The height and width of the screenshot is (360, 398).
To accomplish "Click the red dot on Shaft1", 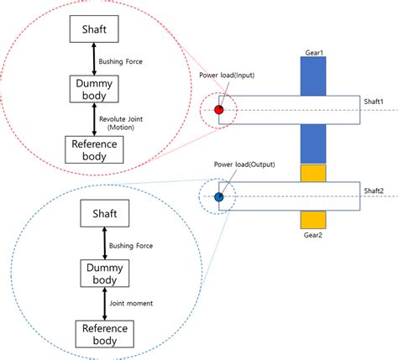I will [219, 110].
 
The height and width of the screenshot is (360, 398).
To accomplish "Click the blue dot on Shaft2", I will [218, 197].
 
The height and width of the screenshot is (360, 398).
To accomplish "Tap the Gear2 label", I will [312, 236].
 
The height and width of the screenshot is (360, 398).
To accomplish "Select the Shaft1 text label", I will [374, 102].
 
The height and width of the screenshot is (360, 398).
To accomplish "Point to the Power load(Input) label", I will [228, 76].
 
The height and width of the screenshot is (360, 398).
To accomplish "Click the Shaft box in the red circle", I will [93, 30].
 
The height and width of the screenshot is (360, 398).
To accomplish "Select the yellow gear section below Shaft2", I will [312, 217].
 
